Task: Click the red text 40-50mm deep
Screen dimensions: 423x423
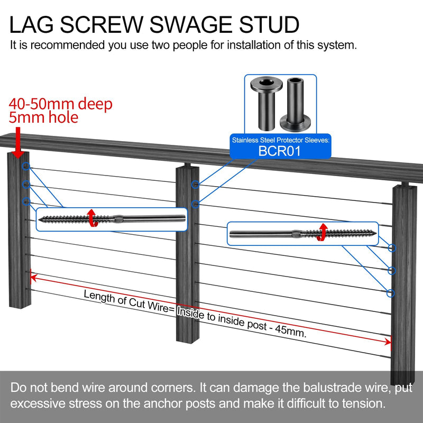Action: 60,104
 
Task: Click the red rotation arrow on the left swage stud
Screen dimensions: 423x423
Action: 91,218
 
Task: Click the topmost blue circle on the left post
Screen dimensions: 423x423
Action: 25,167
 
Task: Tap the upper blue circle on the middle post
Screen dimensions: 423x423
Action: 196,185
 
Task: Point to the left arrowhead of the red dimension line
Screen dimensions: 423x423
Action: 33,276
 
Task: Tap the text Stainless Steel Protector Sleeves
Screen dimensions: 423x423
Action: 280,140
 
